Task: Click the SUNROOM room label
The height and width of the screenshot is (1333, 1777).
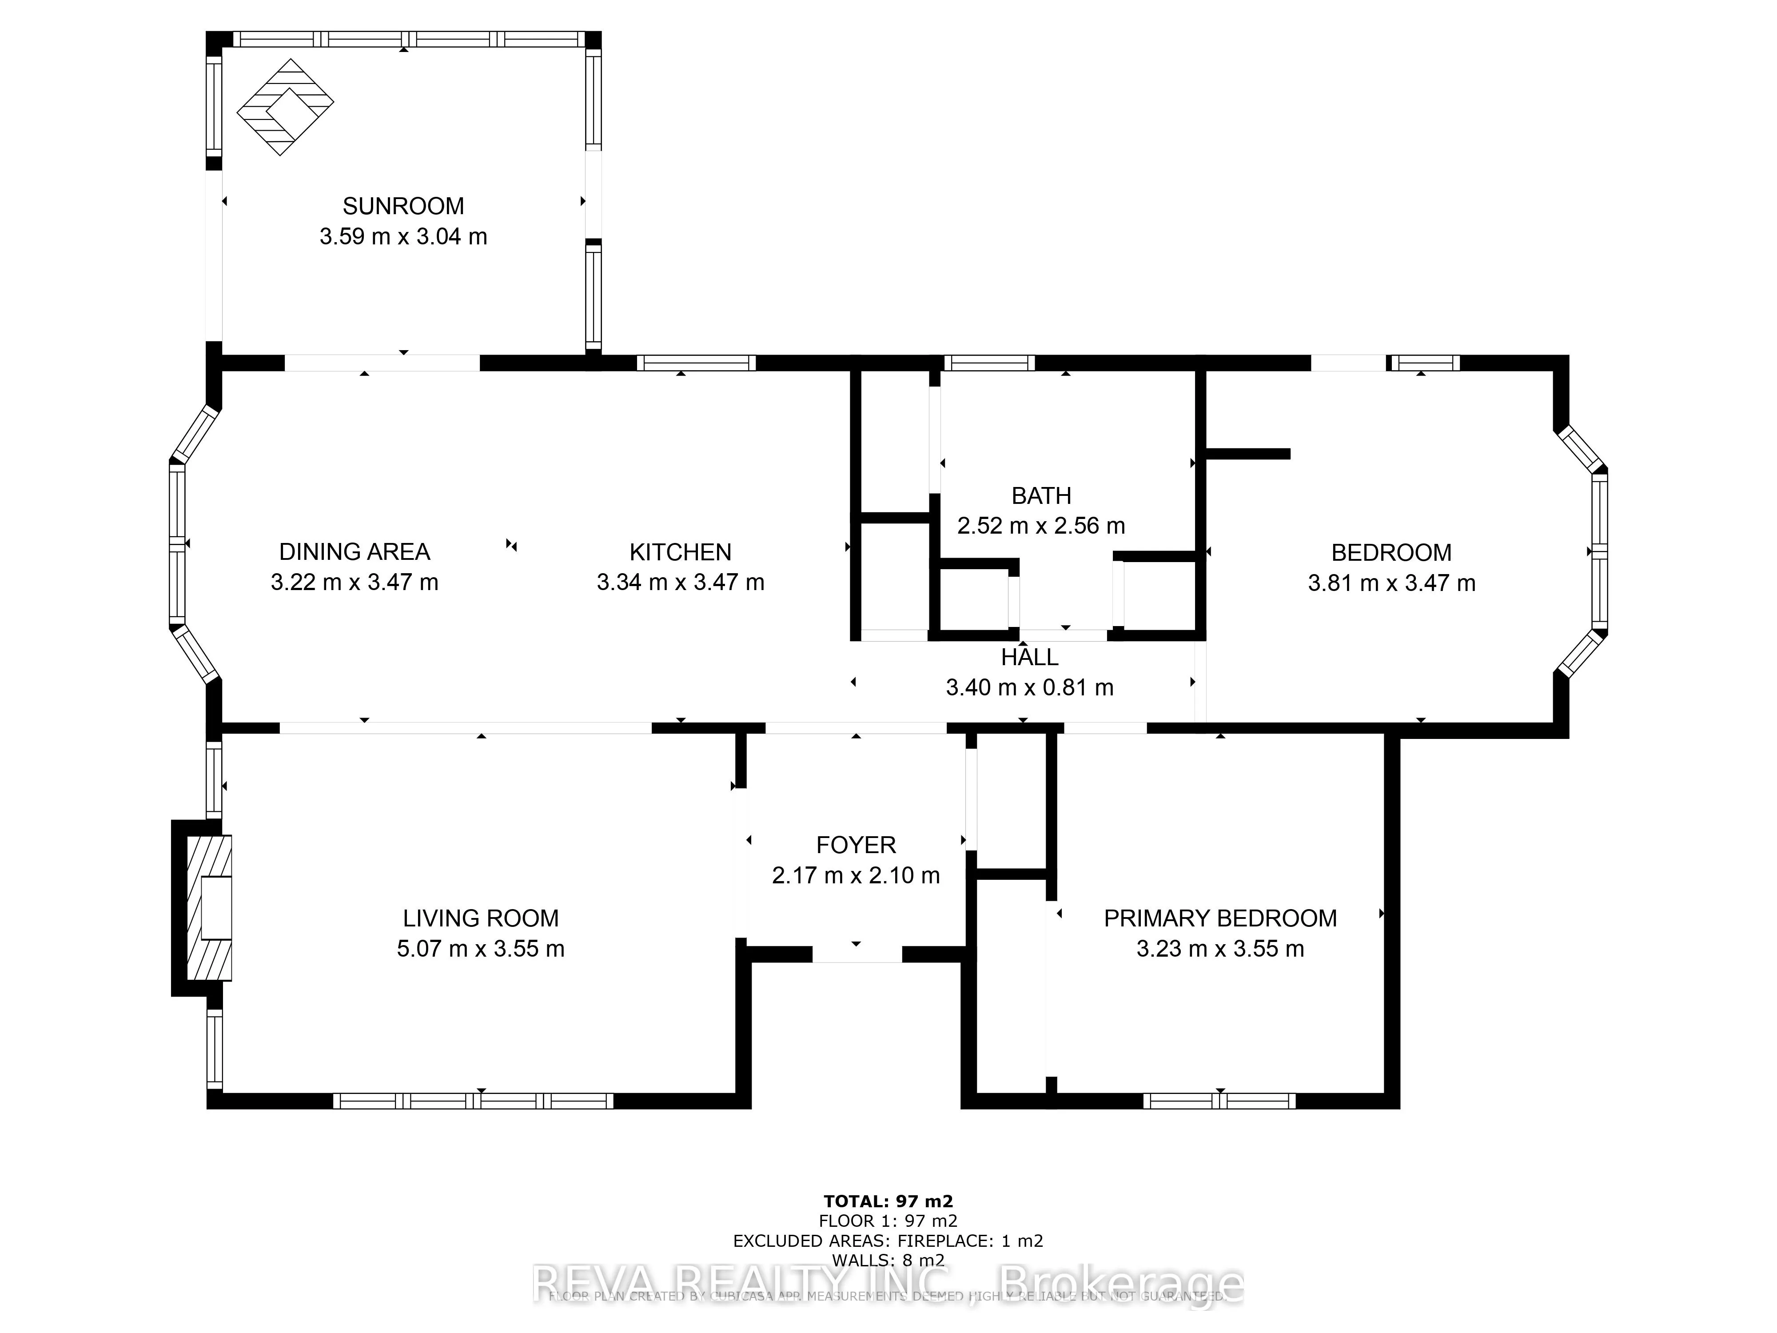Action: click(403, 207)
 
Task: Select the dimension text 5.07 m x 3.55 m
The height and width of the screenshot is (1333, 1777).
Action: click(480, 949)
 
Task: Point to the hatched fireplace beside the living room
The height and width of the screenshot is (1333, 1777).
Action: click(208, 908)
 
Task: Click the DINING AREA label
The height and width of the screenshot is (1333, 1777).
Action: click(354, 552)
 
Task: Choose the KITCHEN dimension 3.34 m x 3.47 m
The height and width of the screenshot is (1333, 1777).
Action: click(681, 583)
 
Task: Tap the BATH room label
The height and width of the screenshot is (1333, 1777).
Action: click(1041, 496)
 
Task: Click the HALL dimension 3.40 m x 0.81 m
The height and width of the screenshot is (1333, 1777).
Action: click(1030, 688)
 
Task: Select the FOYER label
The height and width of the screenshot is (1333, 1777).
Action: click(856, 845)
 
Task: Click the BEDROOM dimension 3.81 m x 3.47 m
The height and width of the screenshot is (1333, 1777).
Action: click(1391, 583)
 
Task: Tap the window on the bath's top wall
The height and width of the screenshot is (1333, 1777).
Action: click(989, 363)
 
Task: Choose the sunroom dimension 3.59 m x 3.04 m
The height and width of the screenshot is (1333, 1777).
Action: click(403, 237)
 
